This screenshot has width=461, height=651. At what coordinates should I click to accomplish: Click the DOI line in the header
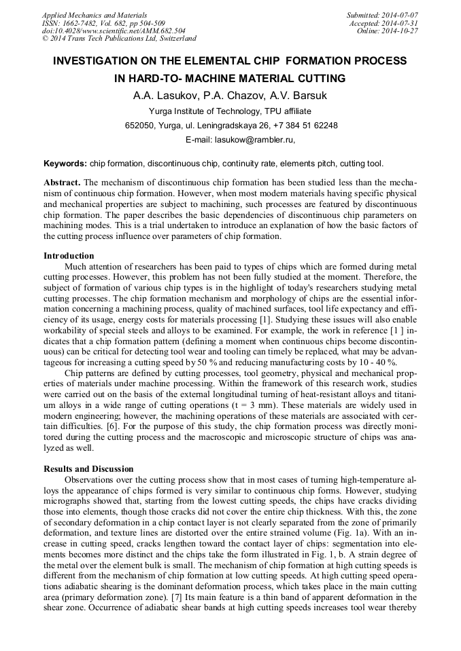coord(114,31)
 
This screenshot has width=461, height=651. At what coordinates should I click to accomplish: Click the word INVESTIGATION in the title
coord(104,61)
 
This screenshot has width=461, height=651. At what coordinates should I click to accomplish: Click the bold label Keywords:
coord(65,164)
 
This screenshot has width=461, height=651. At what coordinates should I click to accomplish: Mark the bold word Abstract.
coord(62,184)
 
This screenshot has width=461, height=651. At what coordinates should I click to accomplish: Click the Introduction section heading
coord(69,256)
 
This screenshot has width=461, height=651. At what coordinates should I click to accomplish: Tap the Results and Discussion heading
coord(88,469)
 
